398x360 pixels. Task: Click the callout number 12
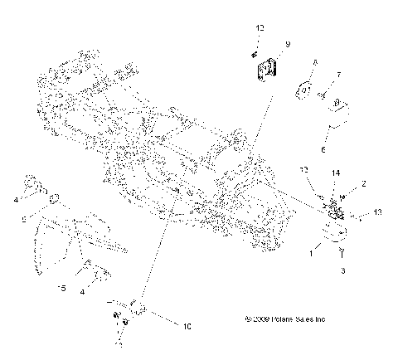click(260, 28)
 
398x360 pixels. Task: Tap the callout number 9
click(287, 43)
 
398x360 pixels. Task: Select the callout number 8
click(316, 64)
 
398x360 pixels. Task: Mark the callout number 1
click(312, 254)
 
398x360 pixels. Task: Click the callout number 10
click(187, 326)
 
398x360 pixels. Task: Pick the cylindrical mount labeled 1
click(336, 236)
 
